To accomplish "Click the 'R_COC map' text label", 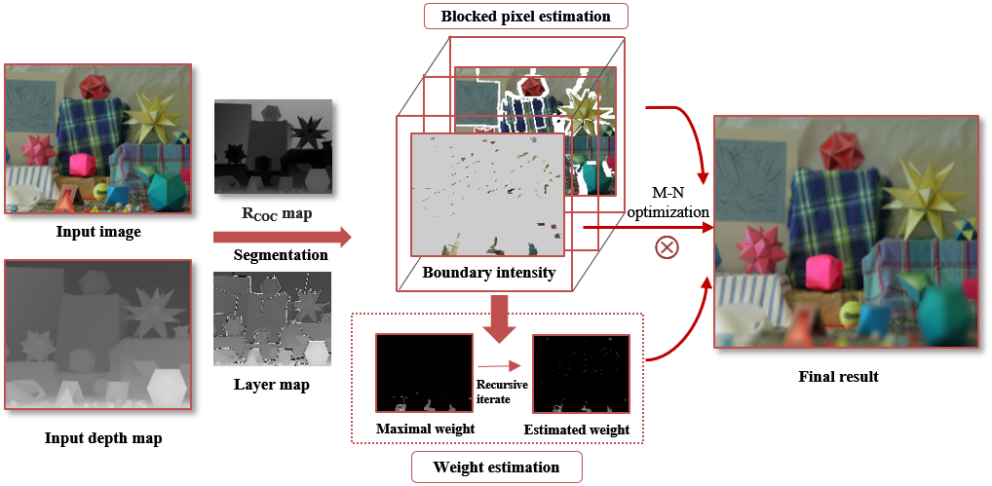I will point(272,214).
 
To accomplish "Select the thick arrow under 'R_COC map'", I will point(282,238).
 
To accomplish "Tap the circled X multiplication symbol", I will point(667,247).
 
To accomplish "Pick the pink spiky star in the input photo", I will point(38,150).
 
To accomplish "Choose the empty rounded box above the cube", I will point(526,16).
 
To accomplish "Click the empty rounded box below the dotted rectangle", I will point(496,467).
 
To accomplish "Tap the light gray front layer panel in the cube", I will point(487,195).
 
